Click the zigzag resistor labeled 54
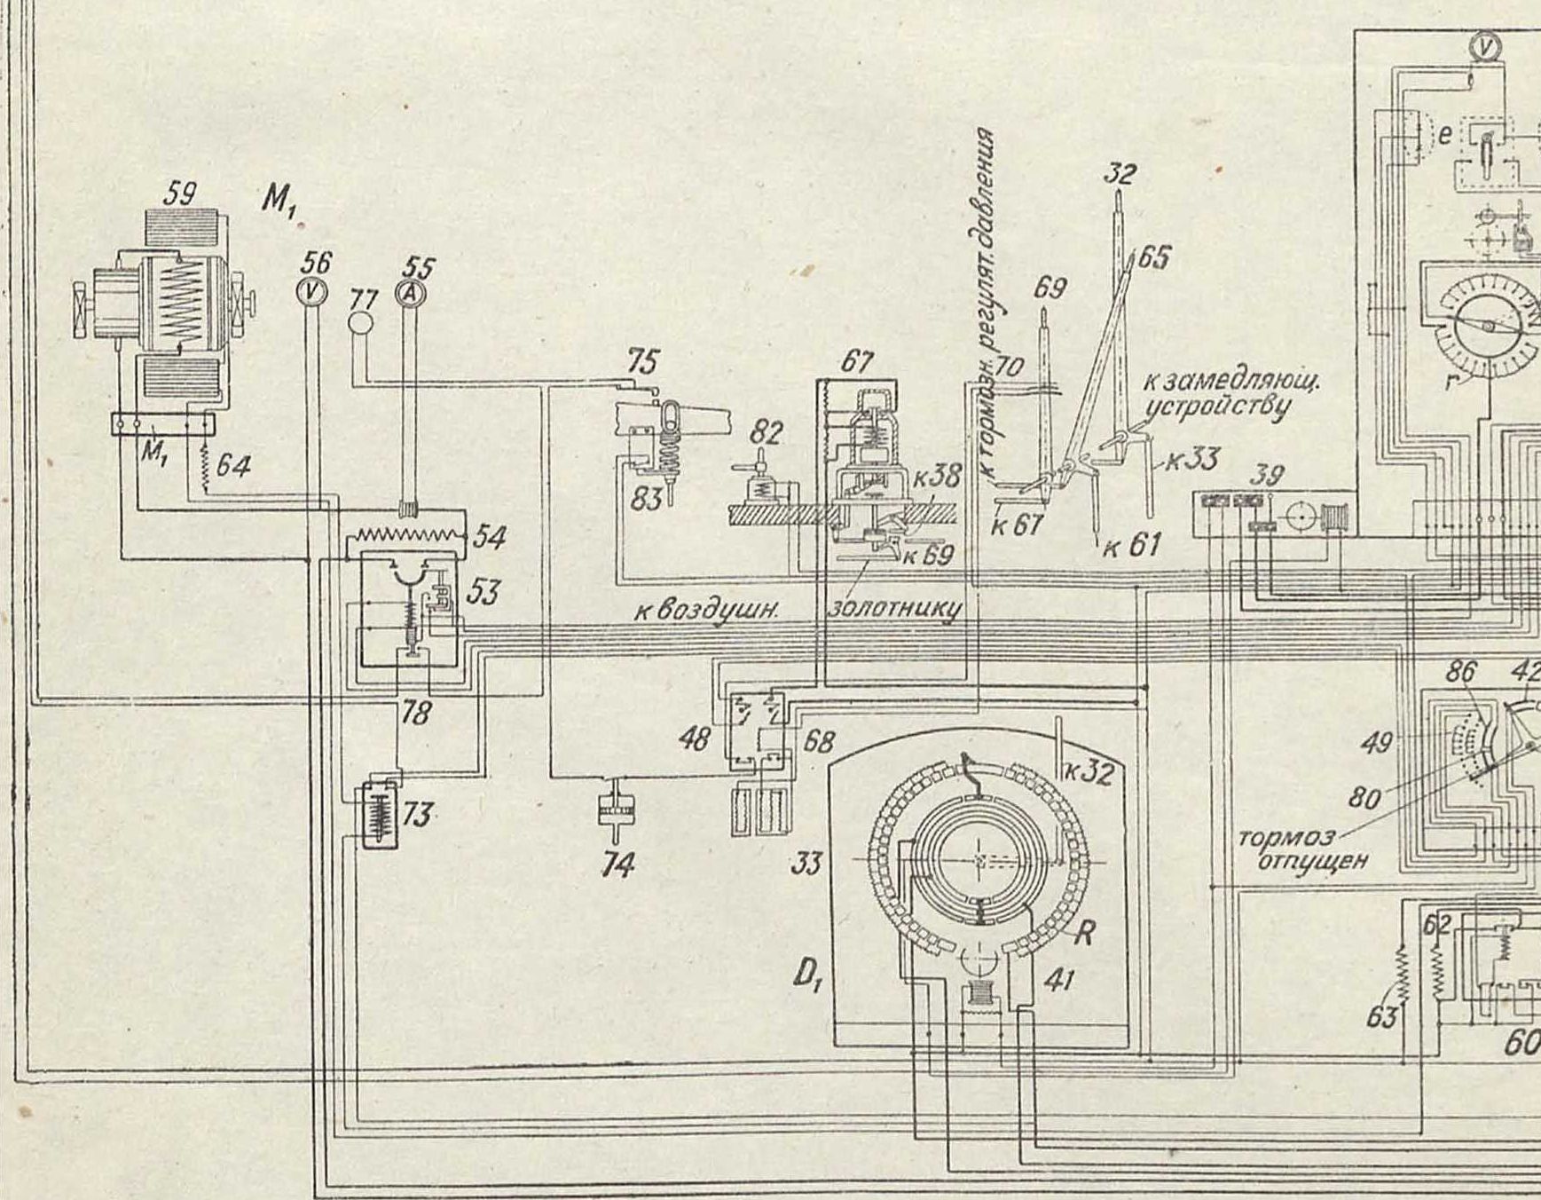pyautogui.click(x=407, y=534)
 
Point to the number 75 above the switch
pyautogui.click(x=642, y=362)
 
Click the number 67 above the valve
pyautogui.click(x=856, y=362)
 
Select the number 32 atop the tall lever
pyautogui.click(x=1120, y=173)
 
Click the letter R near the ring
pyautogui.click(x=1084, y=932)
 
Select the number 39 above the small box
pyautogui.click(x=1270, y=475)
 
